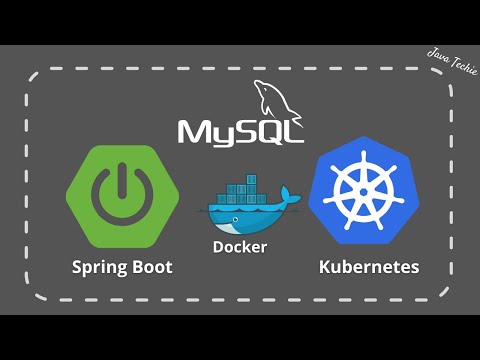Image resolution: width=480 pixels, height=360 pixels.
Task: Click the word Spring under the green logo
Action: tap(100, 268)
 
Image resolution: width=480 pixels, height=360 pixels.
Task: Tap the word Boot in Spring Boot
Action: tap(150, 267)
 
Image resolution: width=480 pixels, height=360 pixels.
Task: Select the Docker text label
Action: tap(239, 246)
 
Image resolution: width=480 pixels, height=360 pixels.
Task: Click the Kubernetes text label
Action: tap(368, 267)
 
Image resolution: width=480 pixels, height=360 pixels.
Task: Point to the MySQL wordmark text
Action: tap(240, 132)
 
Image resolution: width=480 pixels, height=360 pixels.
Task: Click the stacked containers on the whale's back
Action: tap(237, 190)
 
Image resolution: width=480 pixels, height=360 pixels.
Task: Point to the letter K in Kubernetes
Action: tap(325, 267)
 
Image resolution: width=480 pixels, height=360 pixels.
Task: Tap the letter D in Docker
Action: tap(216, 246)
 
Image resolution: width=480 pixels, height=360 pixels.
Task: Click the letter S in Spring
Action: tap(77, 267)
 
